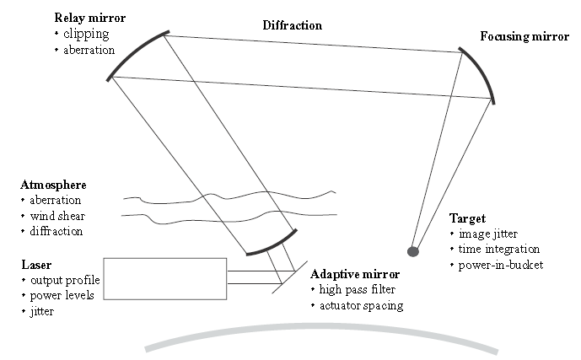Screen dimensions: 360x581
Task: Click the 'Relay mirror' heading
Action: click(90, 17)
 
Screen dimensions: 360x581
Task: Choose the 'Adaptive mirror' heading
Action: click(355, 275)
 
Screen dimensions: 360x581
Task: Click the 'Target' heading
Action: click(467, 218)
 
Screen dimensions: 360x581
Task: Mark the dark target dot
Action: click(413, 250)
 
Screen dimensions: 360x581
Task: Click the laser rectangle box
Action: click(165, 278)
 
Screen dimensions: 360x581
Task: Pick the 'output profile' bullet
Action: click(62, 281)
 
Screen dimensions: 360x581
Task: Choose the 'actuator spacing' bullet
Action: click(361, 305)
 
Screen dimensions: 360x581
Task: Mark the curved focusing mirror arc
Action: click(482, 72)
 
